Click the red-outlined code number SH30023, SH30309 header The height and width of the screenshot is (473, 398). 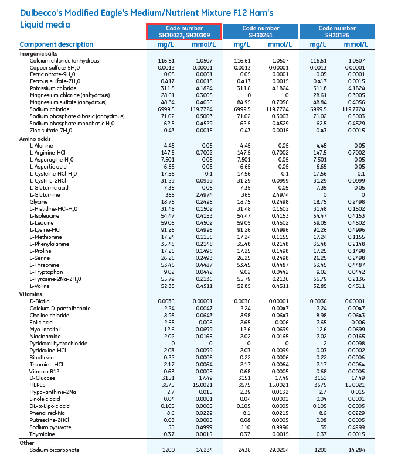[x=184, y=32]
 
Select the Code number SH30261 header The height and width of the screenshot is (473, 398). [x=261, y=32]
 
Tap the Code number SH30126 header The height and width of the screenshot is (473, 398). [x=337, y=32]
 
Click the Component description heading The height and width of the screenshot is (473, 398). [x=56, y=44]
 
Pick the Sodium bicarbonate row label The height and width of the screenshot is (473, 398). [x=55, y=450]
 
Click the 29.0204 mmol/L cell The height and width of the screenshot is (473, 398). [x=280, y=450]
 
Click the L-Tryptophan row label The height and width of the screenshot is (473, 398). [x=46, y=272]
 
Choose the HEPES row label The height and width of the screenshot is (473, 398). [x=38, y=385]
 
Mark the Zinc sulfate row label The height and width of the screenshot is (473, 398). [x=51, y=129]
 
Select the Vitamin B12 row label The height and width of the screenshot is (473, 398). [x=45, y=371]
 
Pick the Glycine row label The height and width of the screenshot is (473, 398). [x=39, y=201]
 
